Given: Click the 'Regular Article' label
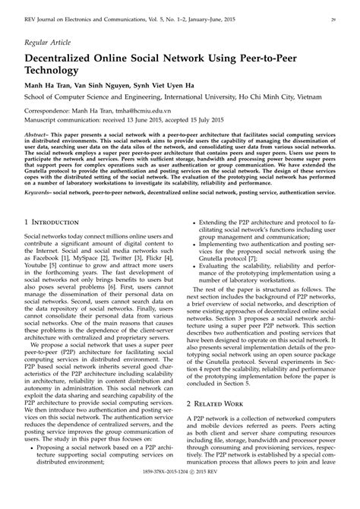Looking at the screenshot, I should [x=46, y=43].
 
